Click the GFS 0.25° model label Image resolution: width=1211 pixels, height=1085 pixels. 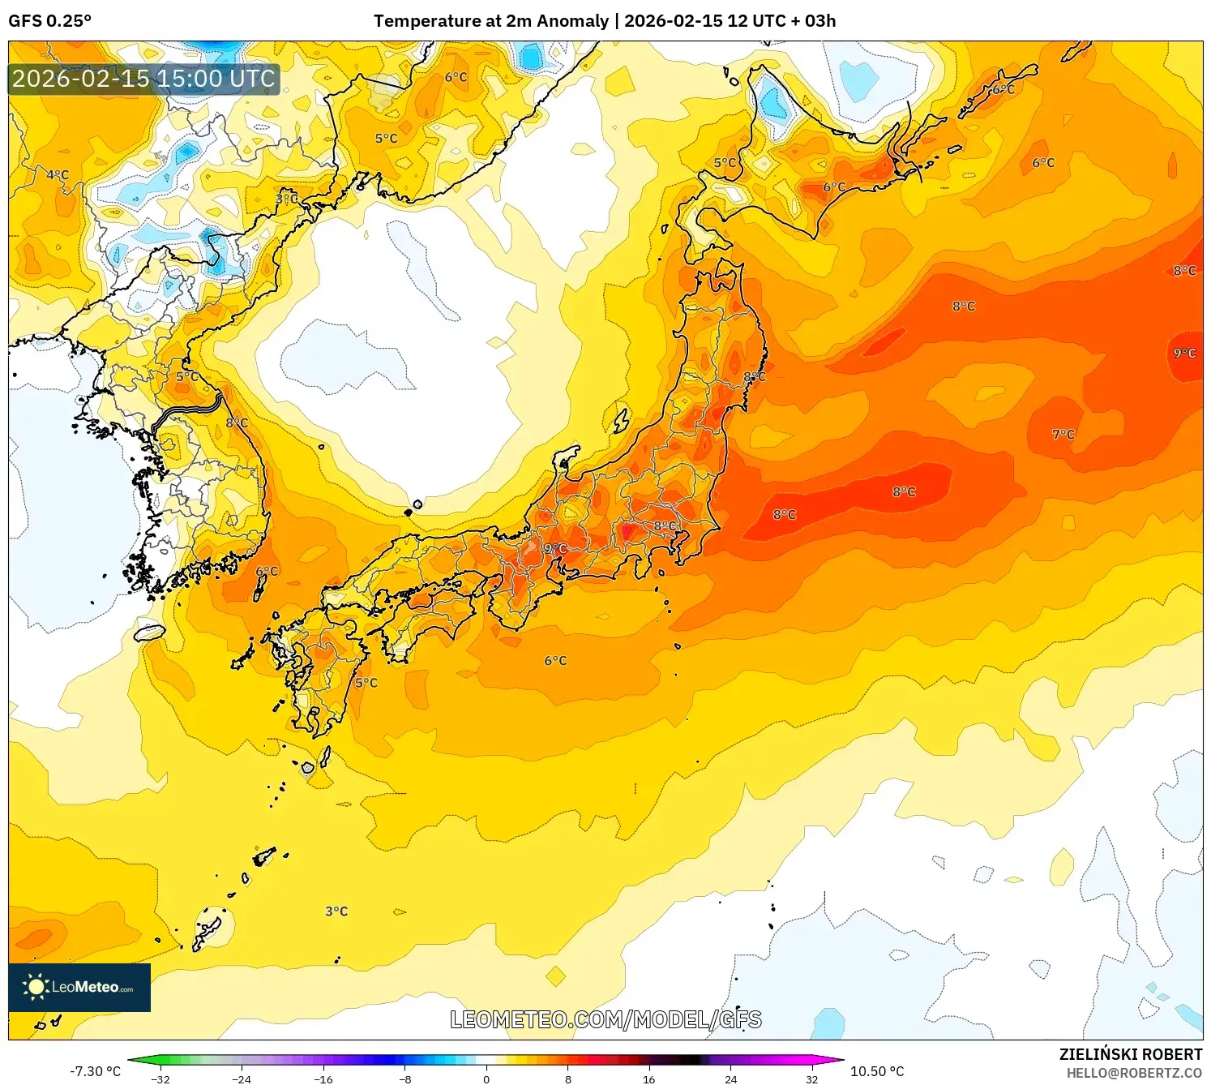49,21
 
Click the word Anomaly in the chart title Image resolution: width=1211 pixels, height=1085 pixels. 572,21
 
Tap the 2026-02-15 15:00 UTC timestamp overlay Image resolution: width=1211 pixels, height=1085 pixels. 143,79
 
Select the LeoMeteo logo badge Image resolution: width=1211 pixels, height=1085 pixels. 79,987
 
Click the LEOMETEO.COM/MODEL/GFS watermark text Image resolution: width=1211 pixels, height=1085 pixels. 605,1019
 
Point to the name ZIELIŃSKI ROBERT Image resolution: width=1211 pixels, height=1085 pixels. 1130,1054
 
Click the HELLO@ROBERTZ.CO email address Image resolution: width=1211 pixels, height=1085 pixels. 1134,1073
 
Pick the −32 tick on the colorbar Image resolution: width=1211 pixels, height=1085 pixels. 160,1079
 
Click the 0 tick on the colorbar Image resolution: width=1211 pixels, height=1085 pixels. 486,1079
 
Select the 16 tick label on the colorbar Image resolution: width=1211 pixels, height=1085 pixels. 648,1079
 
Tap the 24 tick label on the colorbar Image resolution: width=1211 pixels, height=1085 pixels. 730,1079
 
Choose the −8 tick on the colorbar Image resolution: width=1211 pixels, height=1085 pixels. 405,1079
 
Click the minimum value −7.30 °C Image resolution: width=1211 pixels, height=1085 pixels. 95,1071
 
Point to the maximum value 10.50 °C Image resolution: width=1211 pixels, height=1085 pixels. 877,1071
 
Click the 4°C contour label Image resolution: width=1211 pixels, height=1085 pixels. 58,174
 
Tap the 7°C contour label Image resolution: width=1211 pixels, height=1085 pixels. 1063,435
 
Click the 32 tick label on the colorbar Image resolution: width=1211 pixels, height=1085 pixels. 811,1079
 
